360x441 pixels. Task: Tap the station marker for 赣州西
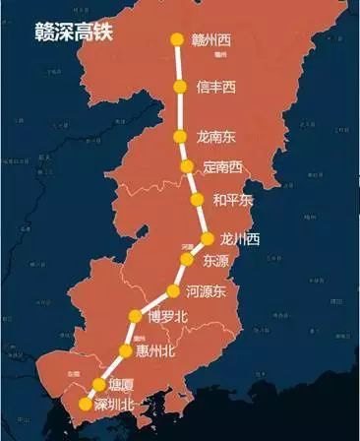coord(177,40)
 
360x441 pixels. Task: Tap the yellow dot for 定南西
coord(188,167)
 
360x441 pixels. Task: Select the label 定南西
coord(222,167)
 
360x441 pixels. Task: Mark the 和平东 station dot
coord(196,201)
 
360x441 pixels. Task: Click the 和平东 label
coord(233,201)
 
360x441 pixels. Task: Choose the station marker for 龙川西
coord(208,238)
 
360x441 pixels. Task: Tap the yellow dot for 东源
coord(186,260)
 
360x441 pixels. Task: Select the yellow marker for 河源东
coord(174,291)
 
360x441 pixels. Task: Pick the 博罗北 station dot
coord(136,316)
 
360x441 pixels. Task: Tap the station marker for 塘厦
coord(98,384)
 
